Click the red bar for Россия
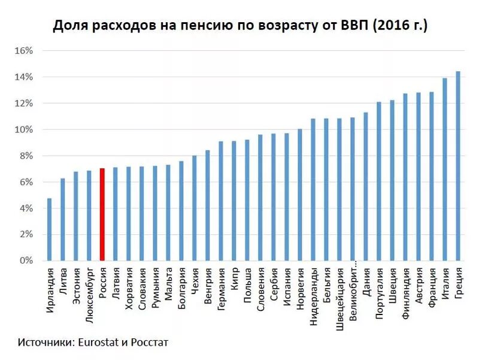pyautogui.click(x=102, y=214)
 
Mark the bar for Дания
pyautogui.click(x=366, y=186)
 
